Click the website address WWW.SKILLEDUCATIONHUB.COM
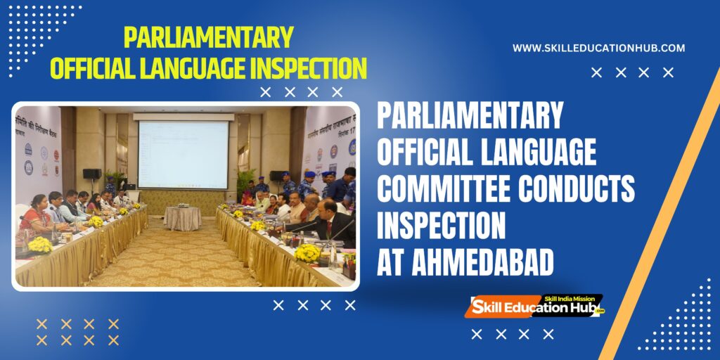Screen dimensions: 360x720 click(598, 48)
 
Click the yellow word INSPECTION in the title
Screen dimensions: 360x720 click(300, 69)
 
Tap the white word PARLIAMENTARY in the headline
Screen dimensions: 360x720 click(470, 116)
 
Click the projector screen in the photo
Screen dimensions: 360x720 click(183, 155)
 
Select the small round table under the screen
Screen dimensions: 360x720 click(182, 218)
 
